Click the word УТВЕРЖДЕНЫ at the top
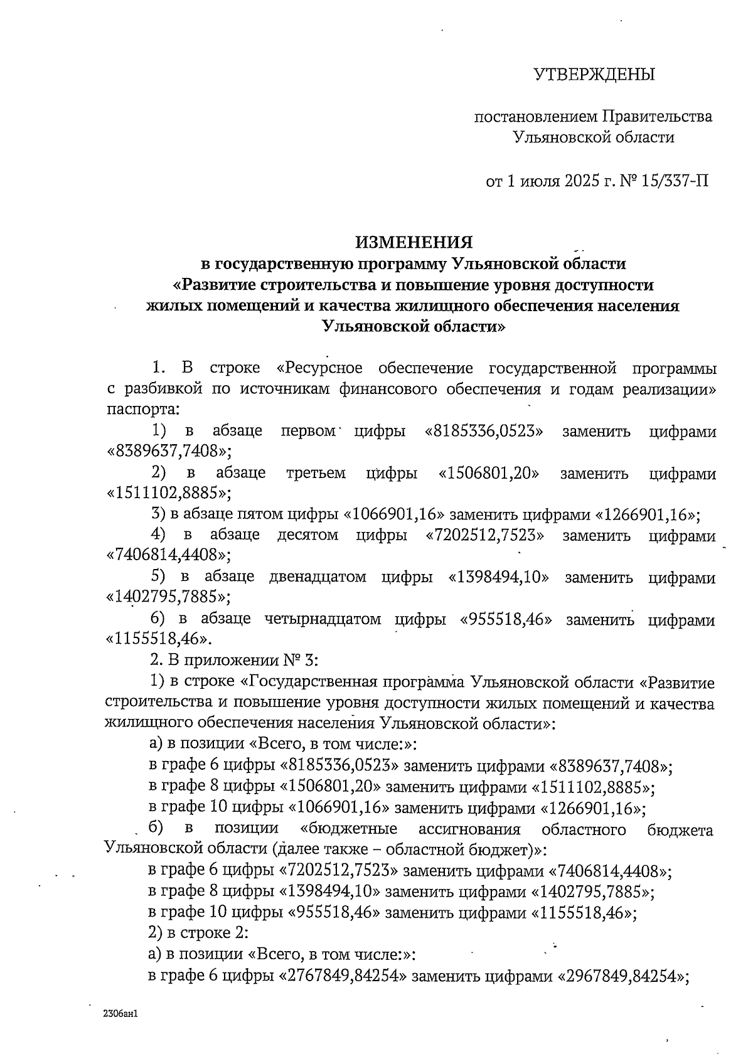pos(594,75)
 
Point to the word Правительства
pos(657,117)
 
